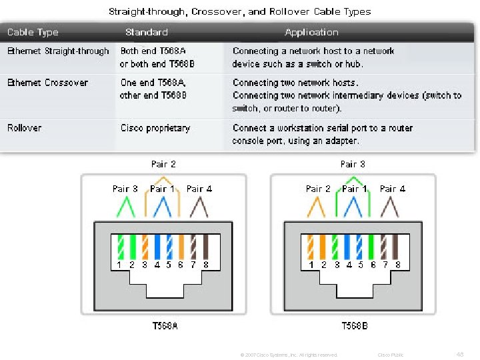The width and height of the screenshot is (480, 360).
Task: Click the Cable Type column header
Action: pos(32,32)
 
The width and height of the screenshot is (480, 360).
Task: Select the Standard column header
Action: pos(146,32)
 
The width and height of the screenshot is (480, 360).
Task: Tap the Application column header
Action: pos(311,32)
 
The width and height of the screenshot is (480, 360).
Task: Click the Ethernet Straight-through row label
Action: pos(58,51)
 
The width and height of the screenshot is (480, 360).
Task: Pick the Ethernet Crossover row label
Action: pos(47,83)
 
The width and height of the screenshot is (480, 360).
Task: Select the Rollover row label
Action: pos(24,127)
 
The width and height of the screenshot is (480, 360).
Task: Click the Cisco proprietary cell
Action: pos(155,127)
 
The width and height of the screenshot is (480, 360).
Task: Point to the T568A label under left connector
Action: pos(165,326)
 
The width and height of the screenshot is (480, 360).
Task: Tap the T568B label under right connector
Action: pos(354,326)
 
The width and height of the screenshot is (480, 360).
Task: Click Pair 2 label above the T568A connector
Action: pos(163,163)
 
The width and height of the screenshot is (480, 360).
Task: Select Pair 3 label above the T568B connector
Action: pos(353,163)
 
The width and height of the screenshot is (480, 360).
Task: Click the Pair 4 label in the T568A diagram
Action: pos(199,189)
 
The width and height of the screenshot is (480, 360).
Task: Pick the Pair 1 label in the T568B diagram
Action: pos(355,189)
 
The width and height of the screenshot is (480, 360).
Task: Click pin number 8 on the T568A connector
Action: pos(206,265)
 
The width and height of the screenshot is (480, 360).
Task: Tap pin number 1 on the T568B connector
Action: pos(311,265)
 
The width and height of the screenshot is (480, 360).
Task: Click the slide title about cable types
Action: pos(240,11)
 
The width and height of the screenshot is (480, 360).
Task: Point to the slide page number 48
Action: pos(459,354)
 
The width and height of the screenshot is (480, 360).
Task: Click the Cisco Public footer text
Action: pos(391,355)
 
